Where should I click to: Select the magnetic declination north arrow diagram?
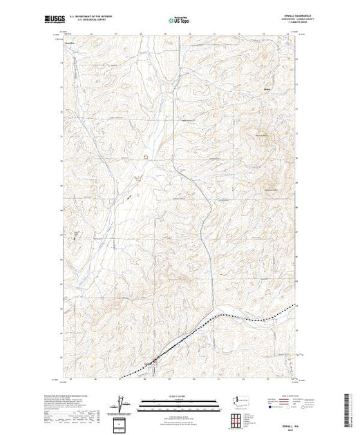[122, 403]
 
